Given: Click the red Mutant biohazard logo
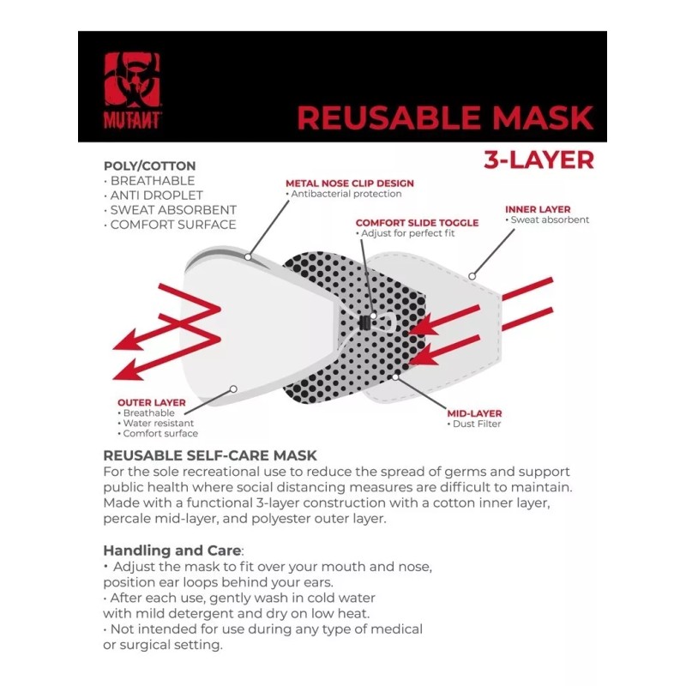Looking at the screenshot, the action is pos(133,91).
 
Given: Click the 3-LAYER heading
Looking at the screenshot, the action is pos(539,159).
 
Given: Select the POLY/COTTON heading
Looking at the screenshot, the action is pos(149,165).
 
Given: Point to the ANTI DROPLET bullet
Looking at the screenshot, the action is pos(153,196).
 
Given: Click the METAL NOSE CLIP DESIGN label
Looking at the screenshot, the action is pos(350,184).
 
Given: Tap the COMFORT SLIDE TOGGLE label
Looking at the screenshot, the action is pos(417,223).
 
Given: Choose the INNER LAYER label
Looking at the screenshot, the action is pos(538,209).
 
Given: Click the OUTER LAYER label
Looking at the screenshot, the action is pos(152,402).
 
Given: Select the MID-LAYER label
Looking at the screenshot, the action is pos(474,413).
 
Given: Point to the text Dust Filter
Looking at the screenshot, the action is pos(477,424).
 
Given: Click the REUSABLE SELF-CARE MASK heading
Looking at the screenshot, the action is pos(210,455).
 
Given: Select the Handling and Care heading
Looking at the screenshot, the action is pos(172,551).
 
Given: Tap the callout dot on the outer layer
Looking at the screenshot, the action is pos(233,389).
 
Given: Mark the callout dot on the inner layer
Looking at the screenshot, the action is pos(472,276).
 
